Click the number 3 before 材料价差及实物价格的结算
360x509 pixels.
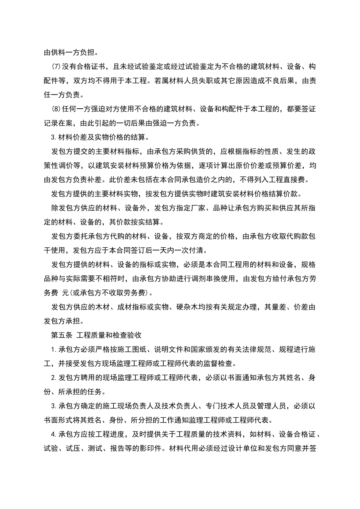(x=53, y=137)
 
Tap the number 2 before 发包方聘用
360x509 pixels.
(x=53, y=378)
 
